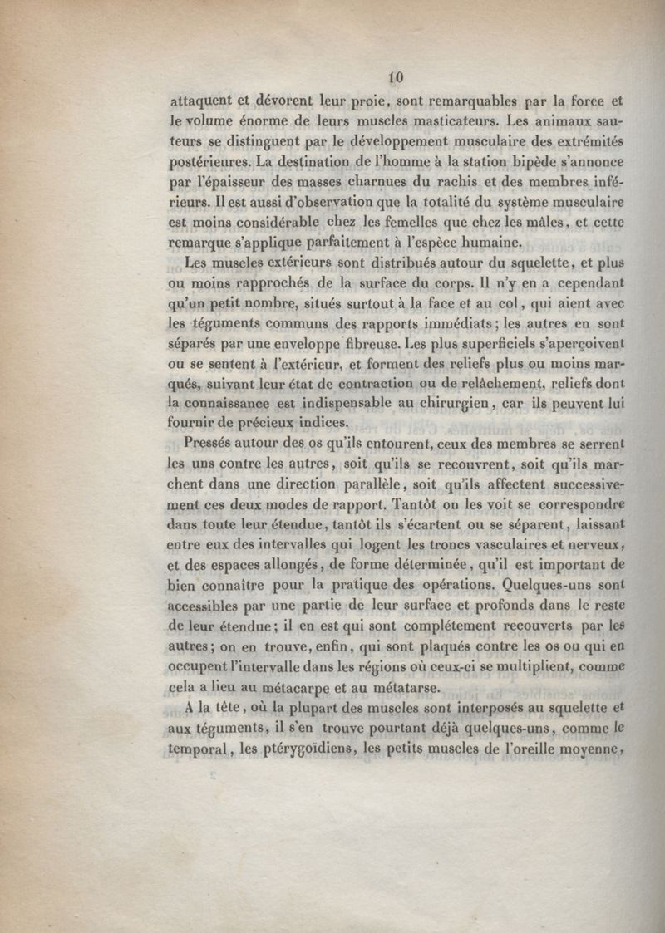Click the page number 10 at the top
pyautogui.click(x=396, y=77)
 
